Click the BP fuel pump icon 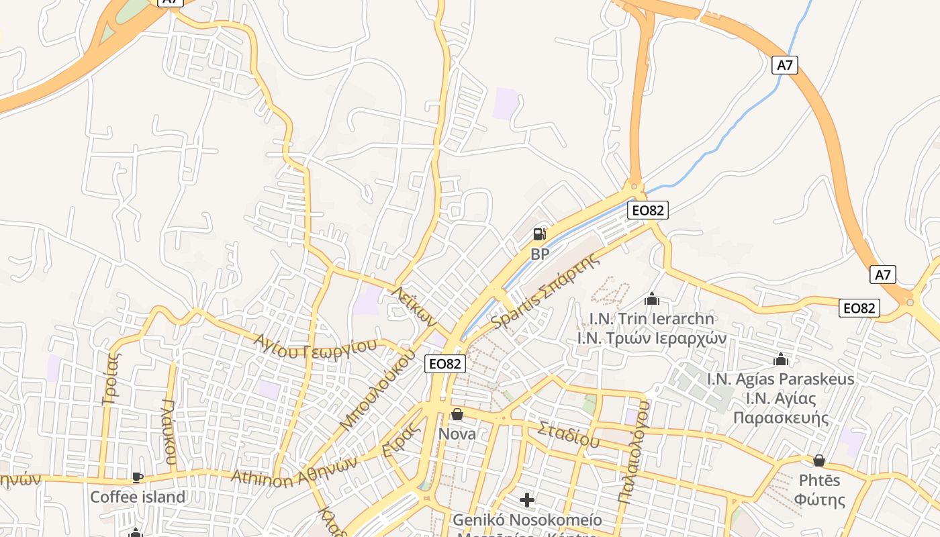click(540, 234)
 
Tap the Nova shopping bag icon click(457, 414)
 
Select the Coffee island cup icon click(138, 477)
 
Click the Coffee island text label click(138, 497)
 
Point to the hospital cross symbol click(527, 500)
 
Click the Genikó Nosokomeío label click(527, 520)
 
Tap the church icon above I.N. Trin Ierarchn click(651, 299)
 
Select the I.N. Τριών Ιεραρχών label click(652, 338)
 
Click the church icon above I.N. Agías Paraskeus click(780, 360)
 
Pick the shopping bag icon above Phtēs click(818, 460)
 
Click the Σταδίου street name click(568, 434)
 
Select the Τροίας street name click(111, 380)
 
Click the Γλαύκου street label click(170, 433)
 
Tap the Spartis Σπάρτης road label click(545, 293)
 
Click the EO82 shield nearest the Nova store click(445, 364)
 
